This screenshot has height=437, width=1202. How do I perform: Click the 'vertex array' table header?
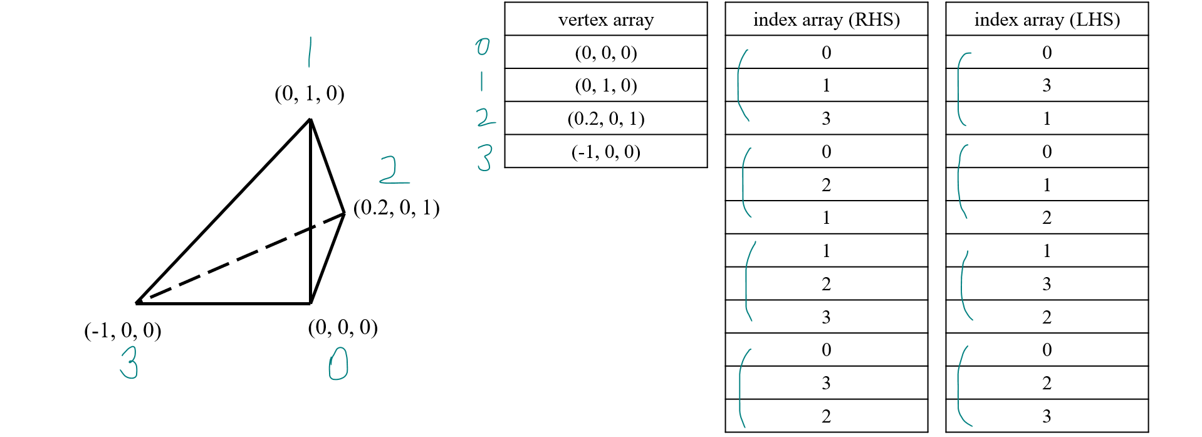[x=605, y=19]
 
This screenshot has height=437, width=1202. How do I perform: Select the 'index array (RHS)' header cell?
[x=826, y=19]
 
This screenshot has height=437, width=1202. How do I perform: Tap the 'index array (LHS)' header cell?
[x=1047, y=19]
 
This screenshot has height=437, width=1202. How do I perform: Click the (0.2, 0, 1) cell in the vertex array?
[x=605, y=118]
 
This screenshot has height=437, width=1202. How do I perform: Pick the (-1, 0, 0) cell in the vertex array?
[x=605, y=152]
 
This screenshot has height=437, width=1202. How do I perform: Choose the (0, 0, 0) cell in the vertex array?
[x=605, y=53]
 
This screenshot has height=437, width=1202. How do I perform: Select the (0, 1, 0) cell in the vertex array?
[x=605, y=85]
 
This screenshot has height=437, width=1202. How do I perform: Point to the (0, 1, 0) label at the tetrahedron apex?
[x=310, y=93]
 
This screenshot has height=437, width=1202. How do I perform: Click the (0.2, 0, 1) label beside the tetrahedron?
[x=396, y=208]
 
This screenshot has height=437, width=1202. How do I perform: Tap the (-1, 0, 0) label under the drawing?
[x=123, y=330]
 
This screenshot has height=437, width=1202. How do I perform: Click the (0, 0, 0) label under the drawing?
[x=343, y=327]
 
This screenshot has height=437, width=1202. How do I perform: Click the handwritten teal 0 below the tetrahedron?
[x=338, y=364]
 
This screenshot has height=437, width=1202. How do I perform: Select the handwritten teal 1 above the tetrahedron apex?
[x=309, y=52]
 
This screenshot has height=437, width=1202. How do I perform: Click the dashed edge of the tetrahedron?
[x=244, y=257]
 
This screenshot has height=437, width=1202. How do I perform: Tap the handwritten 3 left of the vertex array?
[x=484, y=157]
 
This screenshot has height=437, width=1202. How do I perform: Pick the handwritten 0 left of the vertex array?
[x=482, y=46]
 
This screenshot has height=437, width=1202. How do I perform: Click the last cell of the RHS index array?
[x=826, y=416]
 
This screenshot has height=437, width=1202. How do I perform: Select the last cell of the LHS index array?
[x=1047, y=416]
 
